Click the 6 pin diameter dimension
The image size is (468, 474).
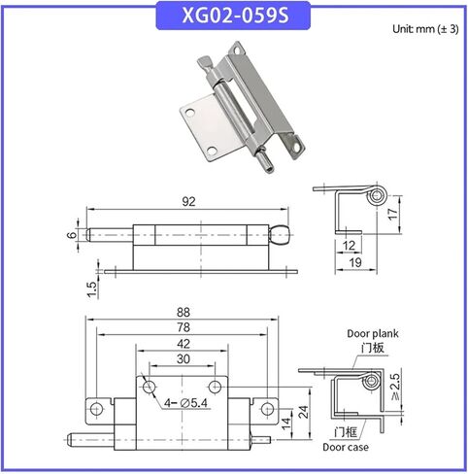click(70, 236)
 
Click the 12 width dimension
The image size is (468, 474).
click(348, 244)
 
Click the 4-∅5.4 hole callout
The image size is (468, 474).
click(187, 402)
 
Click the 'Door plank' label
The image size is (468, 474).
click(373, 333)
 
